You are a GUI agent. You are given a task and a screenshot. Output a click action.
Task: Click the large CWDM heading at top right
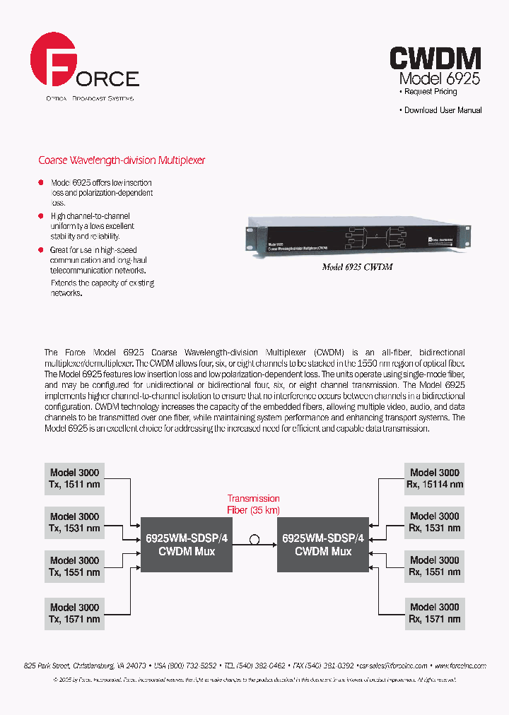[x=435, y=58]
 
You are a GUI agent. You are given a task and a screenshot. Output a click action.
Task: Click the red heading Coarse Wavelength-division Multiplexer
[x=122, y=160]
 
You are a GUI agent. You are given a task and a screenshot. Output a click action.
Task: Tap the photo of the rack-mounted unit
[x=358, y=238]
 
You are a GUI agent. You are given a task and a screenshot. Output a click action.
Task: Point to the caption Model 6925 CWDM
[x=358, y=268]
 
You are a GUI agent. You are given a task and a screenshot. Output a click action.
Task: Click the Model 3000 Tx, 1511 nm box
[x=74, y=478]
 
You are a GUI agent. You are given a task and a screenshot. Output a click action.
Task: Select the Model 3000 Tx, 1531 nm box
[x=74, y=523]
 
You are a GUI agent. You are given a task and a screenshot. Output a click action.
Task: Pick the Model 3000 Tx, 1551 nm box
[x=74, y=567]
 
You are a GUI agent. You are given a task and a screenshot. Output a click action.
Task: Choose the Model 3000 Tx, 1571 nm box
[x=74, y=613]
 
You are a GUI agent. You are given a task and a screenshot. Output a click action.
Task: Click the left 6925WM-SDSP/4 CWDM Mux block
[x=187, y=545]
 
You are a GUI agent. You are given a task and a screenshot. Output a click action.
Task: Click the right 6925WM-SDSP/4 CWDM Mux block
[x=323, y=545]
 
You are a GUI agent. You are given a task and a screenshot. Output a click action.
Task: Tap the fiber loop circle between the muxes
[x=255, y=540]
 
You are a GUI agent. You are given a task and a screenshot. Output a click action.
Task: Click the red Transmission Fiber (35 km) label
[x=253, y=504]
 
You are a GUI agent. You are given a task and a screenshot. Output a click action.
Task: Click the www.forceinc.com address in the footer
[x=460, y=666]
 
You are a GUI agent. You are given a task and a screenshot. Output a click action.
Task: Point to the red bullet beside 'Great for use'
[x=41, y=250]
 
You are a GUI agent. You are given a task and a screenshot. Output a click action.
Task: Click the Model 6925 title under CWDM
[x=439, y=78]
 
